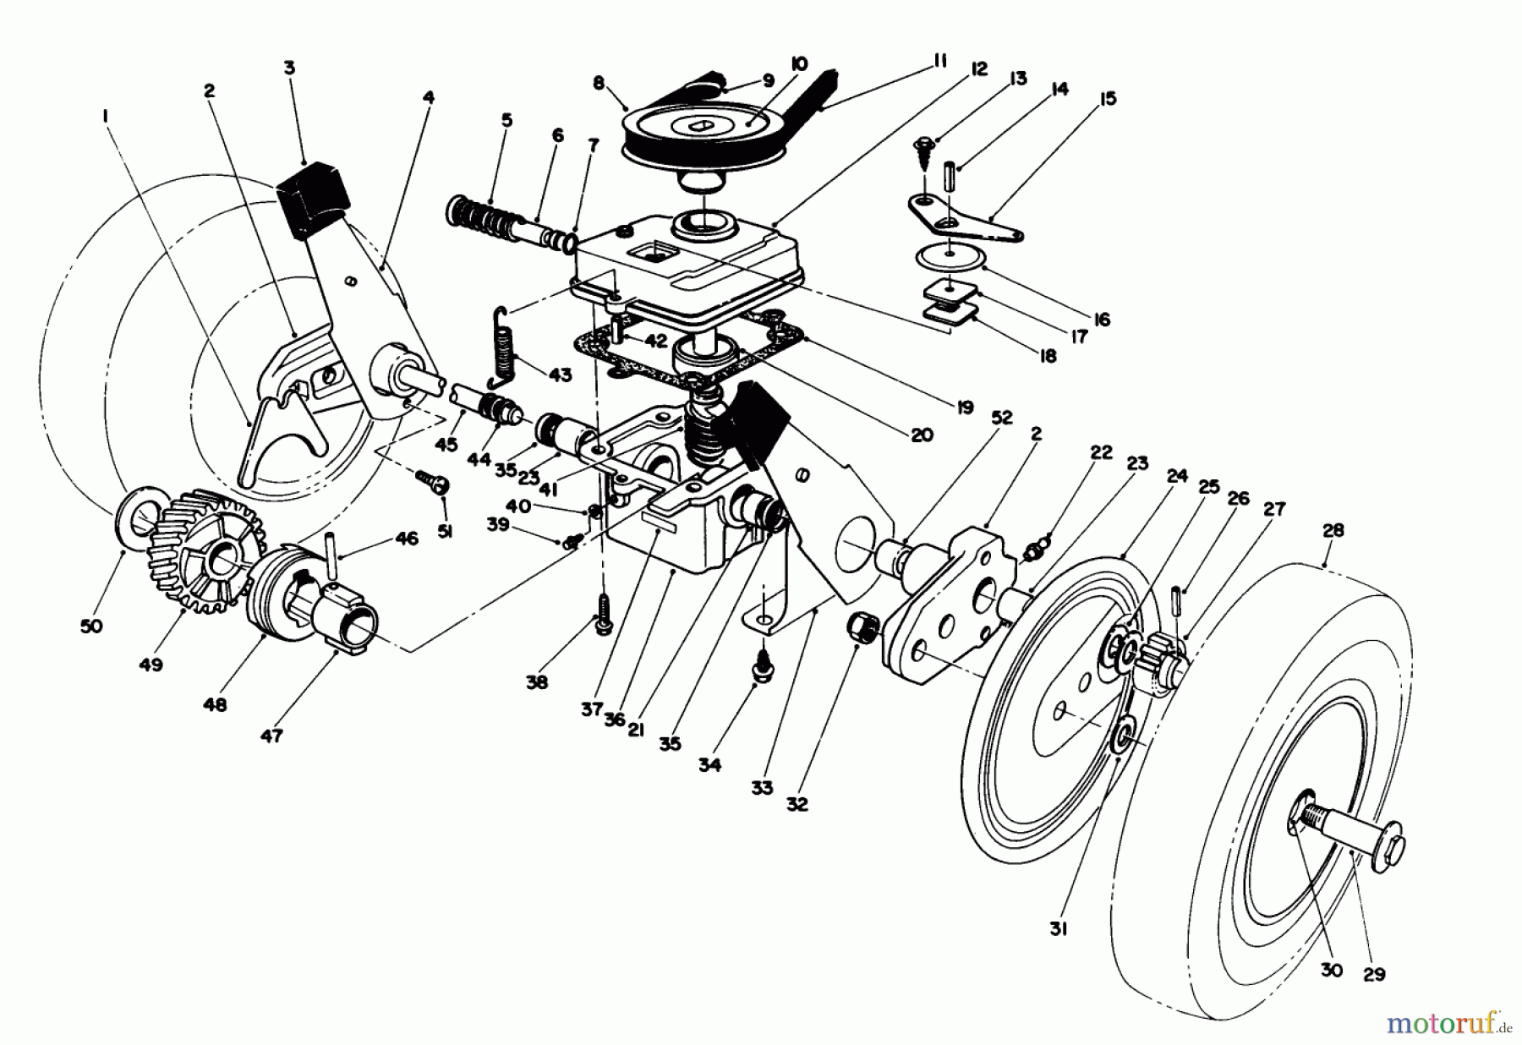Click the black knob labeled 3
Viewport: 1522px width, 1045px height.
point(312,197)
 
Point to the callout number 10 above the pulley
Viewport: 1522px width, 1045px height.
point(799,64)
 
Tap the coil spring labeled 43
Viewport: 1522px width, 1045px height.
point(508,348)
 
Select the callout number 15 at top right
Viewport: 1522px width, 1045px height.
point(1108,99)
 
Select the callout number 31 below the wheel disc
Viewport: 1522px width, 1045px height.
point(1059,928)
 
